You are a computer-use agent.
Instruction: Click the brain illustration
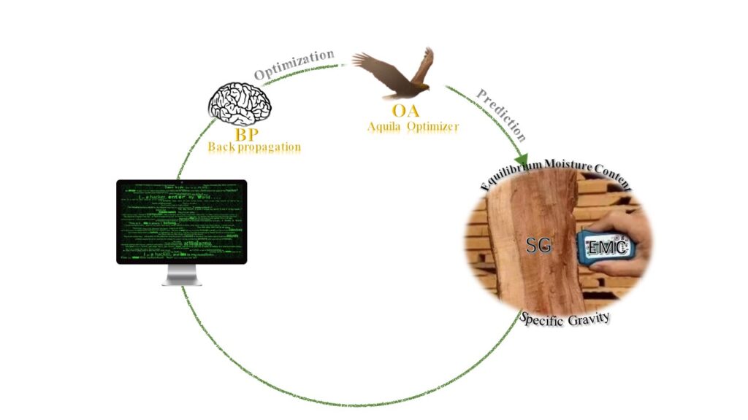(x=240, y=104)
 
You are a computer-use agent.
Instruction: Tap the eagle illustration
(x=395, y=75)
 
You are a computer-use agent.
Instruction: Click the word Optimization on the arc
(x=294, y=65)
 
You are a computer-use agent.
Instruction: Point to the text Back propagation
(x=253, y=147)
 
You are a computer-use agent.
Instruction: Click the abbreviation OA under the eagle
(x=405, y=112)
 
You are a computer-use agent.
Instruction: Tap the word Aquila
(x=386, y=126)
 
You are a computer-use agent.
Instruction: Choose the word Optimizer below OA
(x=434, y=126)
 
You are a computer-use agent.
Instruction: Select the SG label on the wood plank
(x=538, y=246)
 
